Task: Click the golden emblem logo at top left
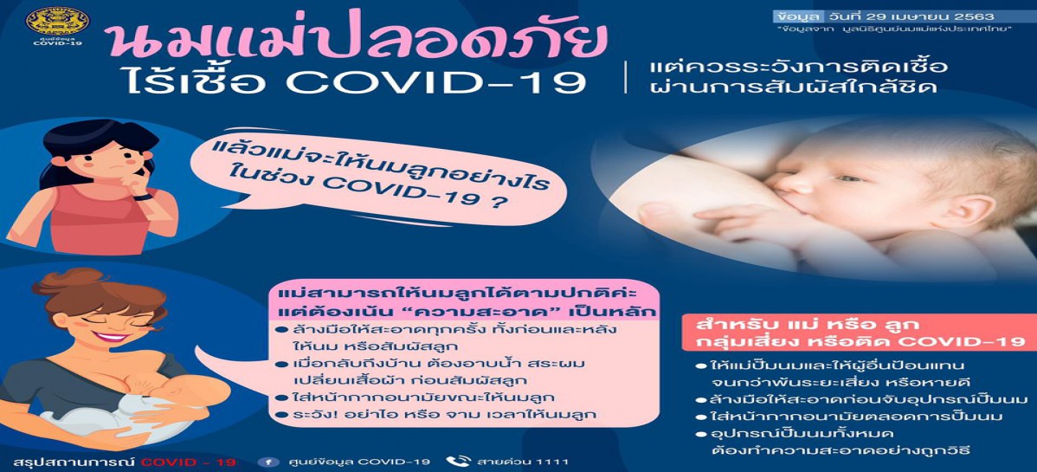coord(57,21)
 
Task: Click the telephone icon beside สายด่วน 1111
coord(457,462)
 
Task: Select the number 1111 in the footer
coord(551,462)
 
